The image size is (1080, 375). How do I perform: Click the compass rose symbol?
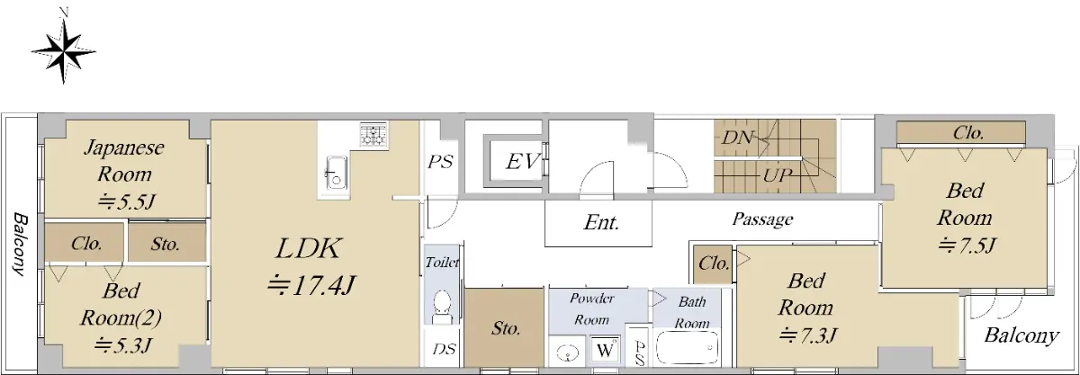tap(64, 50)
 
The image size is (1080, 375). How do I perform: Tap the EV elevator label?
tap(522, 161)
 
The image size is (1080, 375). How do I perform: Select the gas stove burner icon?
tap(373, 134)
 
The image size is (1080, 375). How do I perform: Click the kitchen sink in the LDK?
tap(336, 173)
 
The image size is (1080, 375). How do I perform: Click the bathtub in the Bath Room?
tap(687, 347)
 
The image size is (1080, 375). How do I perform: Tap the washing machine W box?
tap(606, 349)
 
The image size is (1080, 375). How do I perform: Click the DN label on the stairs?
tap(737, 138)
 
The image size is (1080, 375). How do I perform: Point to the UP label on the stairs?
tap(778, 175)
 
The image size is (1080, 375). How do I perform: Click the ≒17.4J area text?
tap(311, 285)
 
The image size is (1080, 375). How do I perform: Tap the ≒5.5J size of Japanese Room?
tap(126, 201)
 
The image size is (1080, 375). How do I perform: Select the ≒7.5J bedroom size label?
tap(967, 246)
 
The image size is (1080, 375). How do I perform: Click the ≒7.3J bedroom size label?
tap(807, 335)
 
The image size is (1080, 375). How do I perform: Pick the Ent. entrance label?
tap(601, 222)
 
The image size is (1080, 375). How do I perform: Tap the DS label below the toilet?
tap(444, 349)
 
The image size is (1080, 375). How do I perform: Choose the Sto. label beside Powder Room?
tap(506, 329)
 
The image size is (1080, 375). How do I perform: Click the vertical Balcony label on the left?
tap(20, 244)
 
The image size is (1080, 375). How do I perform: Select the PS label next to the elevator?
tap(440, 162)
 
